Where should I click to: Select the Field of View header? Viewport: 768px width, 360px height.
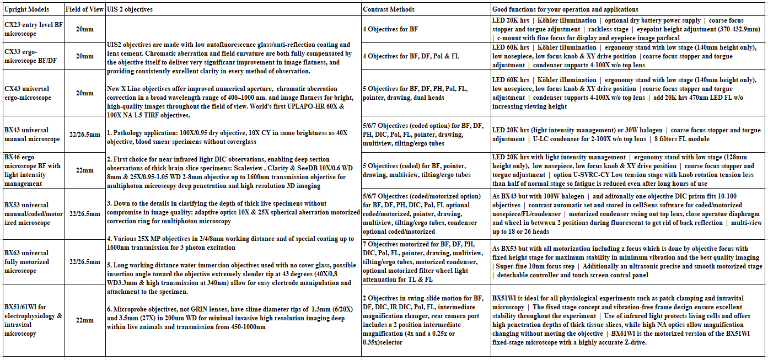85,9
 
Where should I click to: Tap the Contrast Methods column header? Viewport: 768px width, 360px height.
389,9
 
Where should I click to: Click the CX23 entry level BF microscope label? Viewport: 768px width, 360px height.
33,29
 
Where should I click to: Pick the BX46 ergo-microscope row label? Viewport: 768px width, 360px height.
33,170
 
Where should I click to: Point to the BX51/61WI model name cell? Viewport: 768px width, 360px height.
33,320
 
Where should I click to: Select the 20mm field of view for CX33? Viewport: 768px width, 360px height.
85,56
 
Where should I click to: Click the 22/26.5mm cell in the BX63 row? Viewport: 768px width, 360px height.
85,262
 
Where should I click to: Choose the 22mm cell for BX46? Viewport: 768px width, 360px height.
85,170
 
